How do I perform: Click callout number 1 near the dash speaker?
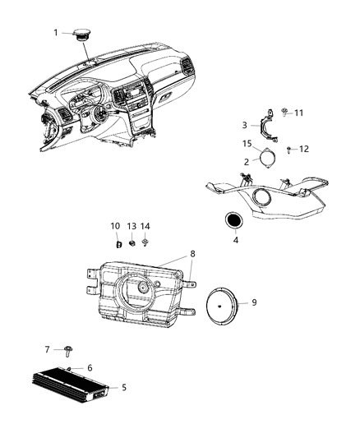pyautogui.click(x=56, y=33)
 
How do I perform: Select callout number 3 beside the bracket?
pyautogui.click(x=244, y=125)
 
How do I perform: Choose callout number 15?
pyautogui.click(x=246, y=145)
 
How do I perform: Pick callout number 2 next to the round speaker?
pyautogui.click(x=247, y=162)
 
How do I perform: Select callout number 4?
pyautogui.click(x=237, y=241)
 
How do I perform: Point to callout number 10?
pyautogui.click(x=115, y=226)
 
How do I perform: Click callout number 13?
pyautogui.click(x=132, y=226)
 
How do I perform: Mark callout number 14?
pyautogui.click(x=145, y=226)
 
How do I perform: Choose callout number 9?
pyautogui.click(x=254, y=302)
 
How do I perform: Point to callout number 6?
pyautogui.click(x=90, y=367)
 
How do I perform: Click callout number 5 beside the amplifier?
pyautogui.click(x=124, y=386)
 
